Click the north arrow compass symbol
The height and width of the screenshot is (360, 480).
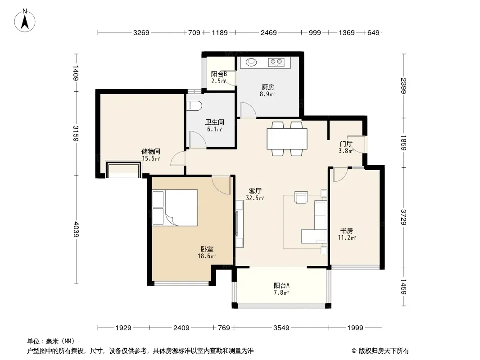25,21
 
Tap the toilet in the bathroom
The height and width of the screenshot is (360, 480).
195,106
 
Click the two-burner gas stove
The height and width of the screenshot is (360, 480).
276,62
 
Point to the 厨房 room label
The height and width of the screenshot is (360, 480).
267,87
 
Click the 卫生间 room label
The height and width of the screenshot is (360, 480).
215,122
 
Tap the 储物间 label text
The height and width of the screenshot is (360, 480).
150,151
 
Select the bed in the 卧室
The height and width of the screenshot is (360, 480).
175,208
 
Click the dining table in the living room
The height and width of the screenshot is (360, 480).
287,139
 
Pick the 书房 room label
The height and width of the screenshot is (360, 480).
347,230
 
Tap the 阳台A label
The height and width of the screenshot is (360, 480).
281,286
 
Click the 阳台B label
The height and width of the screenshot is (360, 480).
219,74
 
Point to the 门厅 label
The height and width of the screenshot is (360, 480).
346,144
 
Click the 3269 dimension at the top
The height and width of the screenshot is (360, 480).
141,32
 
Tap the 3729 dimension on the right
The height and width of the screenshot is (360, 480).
403,217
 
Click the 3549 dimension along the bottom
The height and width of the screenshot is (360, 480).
281,328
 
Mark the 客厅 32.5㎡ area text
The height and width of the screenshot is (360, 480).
255,194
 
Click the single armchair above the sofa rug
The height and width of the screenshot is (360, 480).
301,197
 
